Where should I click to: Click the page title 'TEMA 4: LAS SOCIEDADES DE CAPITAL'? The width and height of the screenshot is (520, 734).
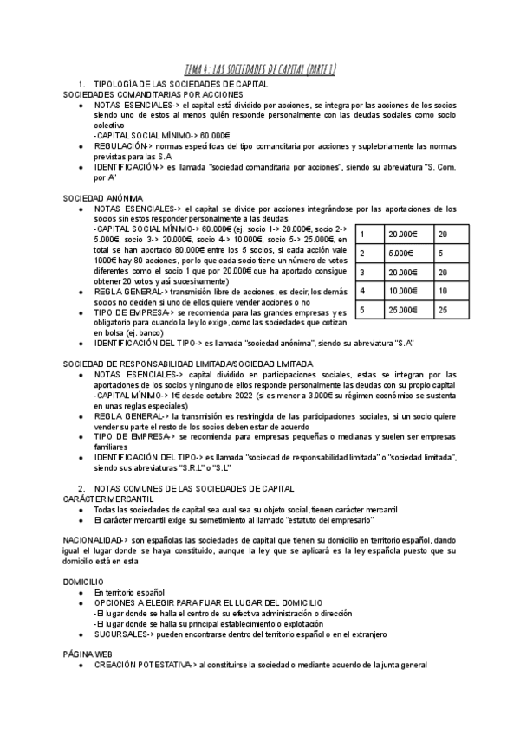(262, 69)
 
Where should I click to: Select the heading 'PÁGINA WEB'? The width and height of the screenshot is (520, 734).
(88, 654)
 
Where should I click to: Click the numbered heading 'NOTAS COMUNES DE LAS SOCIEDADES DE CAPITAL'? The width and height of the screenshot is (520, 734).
(194, 488)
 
